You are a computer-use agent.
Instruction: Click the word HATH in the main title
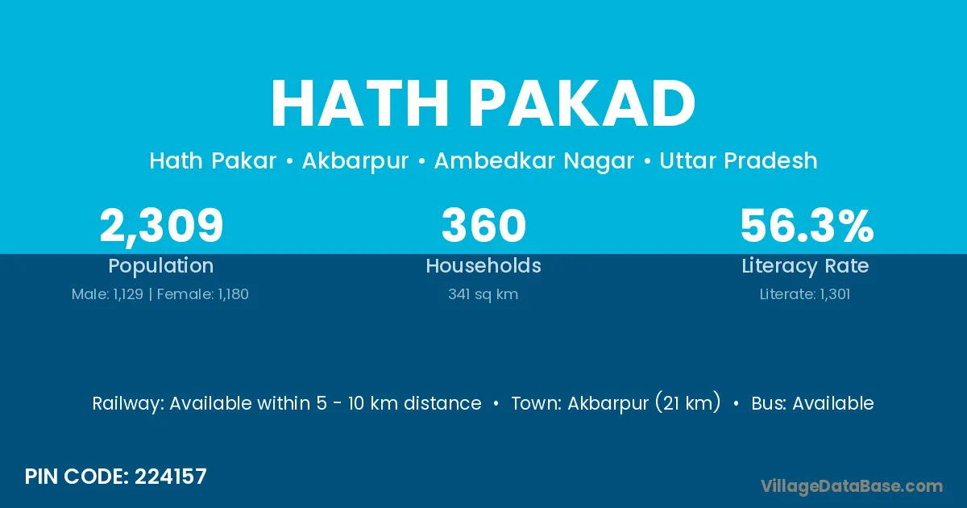coord(360,103)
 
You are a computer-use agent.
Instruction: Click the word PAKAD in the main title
coord(583,103)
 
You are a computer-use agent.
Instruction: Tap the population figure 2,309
coord(161,227)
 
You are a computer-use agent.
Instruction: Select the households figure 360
coord(483,225)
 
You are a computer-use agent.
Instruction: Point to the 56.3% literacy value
coord(807,225)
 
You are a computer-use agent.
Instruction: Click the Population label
coord(161,266)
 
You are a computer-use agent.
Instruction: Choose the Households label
coord(483,265)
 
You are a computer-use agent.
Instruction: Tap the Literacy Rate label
coord(805,266)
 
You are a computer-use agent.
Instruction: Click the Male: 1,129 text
coord(107,294)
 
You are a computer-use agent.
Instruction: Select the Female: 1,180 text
coord(202,294)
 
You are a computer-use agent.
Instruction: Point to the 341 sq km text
coord(483,294)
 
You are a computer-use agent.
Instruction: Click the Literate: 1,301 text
coord(805,294)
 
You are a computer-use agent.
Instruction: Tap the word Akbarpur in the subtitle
coord(355,161)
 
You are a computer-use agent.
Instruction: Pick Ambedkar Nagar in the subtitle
coord(534,161)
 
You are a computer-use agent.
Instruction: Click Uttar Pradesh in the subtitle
coord(738,160)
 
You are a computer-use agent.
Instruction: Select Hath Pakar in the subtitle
coord(213,160)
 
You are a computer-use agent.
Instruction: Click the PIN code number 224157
coord(171,477)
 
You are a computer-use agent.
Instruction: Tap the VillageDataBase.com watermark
coord(852,486)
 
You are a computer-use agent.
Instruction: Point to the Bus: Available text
coord(812,403)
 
